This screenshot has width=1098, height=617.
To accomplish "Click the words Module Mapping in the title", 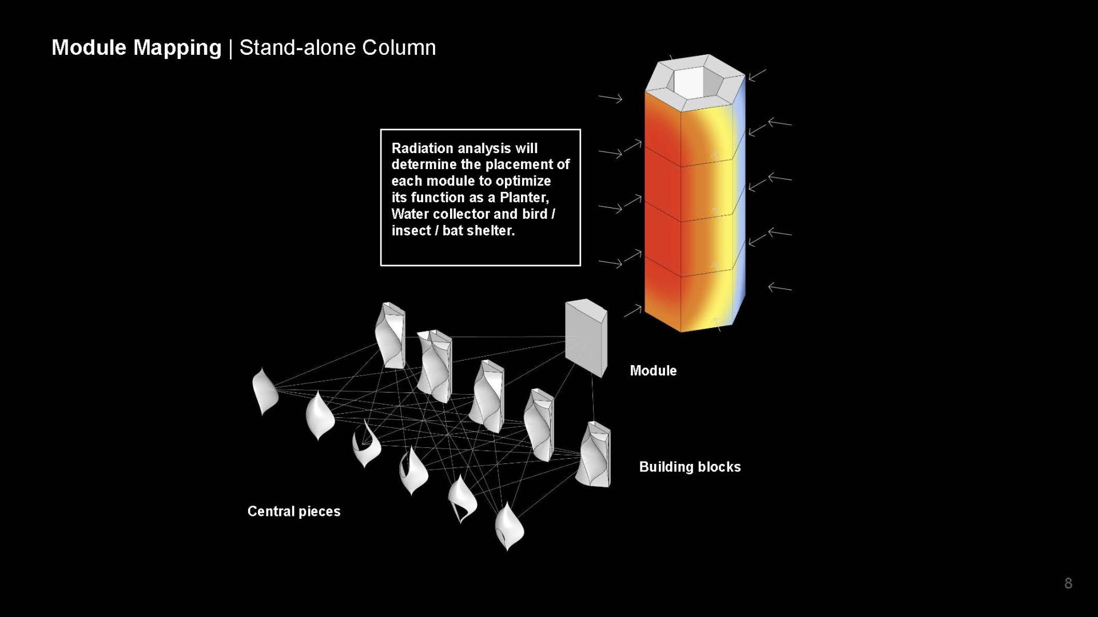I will (136, 47).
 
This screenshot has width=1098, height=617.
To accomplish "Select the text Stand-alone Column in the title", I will (337, 47).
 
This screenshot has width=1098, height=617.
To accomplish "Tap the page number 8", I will (1068, 583).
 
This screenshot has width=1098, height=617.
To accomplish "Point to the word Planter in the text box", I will (524, 198).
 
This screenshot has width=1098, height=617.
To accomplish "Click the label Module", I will (653, 371).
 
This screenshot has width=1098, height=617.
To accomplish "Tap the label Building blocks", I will (690, 467).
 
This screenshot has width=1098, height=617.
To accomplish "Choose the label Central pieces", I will (293, 511).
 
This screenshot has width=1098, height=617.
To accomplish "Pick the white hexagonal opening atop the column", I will (695, 85).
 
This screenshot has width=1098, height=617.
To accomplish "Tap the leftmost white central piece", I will (265, 391).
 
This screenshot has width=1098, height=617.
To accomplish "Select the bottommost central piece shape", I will (508, 526).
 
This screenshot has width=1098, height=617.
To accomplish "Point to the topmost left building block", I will (391, 335).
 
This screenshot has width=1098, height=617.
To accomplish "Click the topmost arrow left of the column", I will (610, 98).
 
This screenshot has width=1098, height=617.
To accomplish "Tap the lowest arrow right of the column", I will (779, 287).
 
